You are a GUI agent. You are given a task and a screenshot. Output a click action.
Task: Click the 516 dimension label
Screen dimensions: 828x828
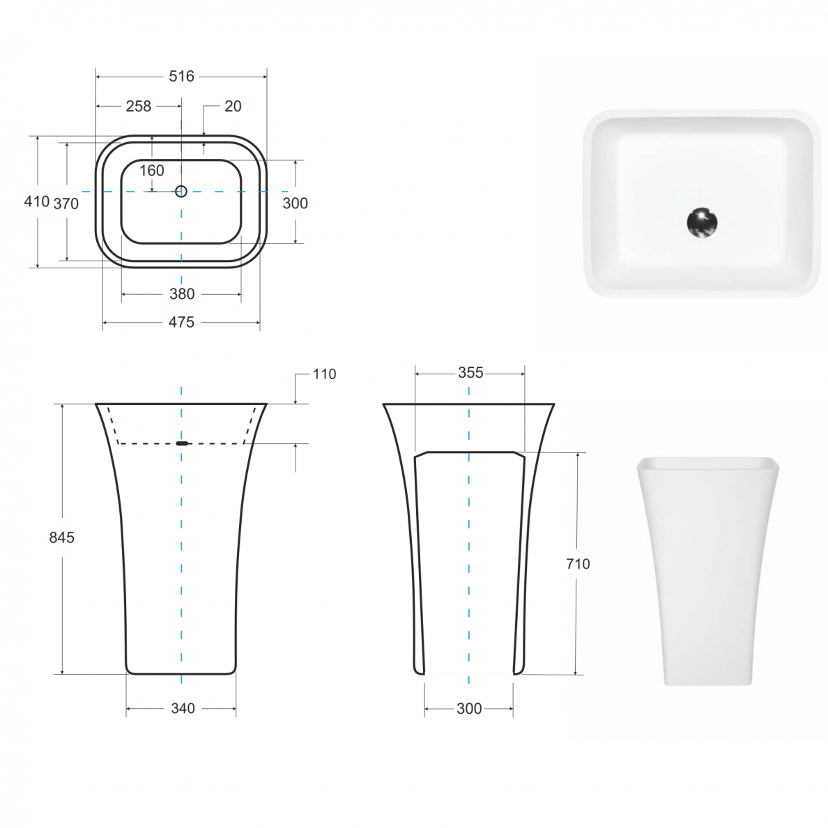(181, 77)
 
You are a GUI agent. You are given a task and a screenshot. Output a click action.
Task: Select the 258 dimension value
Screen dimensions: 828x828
(139, 106)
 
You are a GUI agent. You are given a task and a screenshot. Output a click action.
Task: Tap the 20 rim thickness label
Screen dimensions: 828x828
(233, 106)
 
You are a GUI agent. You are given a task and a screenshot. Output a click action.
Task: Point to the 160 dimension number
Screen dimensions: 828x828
(151, 171)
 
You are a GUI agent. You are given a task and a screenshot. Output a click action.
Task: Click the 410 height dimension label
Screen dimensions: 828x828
(37, 201)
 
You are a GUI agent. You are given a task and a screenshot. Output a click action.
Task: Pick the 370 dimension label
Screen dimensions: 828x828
(66, 204)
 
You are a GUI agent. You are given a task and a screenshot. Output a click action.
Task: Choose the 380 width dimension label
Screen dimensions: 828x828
(182, 294)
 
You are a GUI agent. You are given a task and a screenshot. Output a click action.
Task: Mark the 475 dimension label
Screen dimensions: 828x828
(181, 322)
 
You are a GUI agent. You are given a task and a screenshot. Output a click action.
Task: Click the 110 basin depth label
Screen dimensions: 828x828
(324, 374)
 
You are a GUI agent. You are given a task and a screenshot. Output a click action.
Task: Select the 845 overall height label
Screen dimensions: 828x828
(62, 537)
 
